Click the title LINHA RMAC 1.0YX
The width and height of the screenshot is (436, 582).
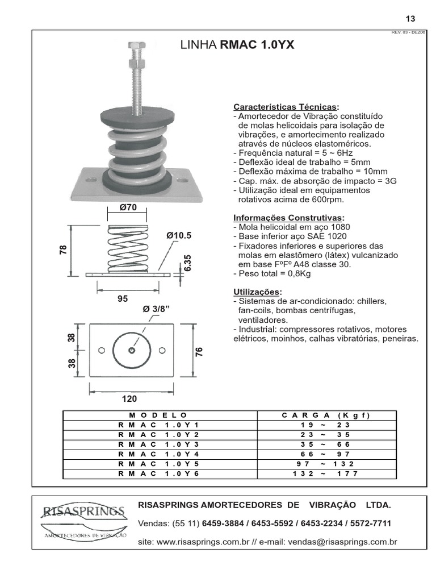(237, 45)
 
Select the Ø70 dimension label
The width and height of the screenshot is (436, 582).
(128, 207)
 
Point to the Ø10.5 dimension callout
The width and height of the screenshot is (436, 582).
(179, 235)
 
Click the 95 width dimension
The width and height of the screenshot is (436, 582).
(123, 298)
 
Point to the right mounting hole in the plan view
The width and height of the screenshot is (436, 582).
(162, 350)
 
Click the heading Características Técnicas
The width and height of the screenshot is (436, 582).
(286, 107)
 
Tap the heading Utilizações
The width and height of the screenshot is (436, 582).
(257, 292)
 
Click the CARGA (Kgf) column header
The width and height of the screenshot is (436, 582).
(326, 415)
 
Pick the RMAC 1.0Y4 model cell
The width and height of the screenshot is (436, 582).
(159, 454)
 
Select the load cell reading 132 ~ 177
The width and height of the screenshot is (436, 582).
(326, 473)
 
